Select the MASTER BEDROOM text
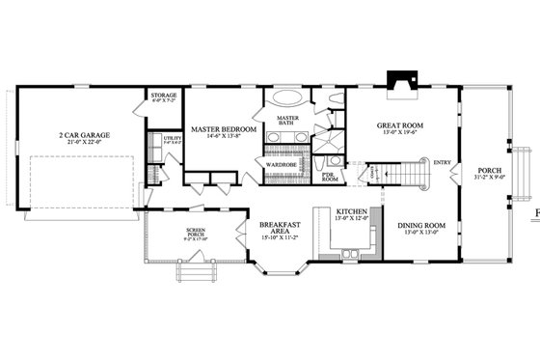(x=223, y=129)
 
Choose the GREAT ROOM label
(x=398, y=126)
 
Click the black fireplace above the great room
(x=397, y=83)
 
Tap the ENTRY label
(x=443, y=161)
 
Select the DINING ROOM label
(x=422, y=226)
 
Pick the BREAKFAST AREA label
(x=279, y=229)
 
